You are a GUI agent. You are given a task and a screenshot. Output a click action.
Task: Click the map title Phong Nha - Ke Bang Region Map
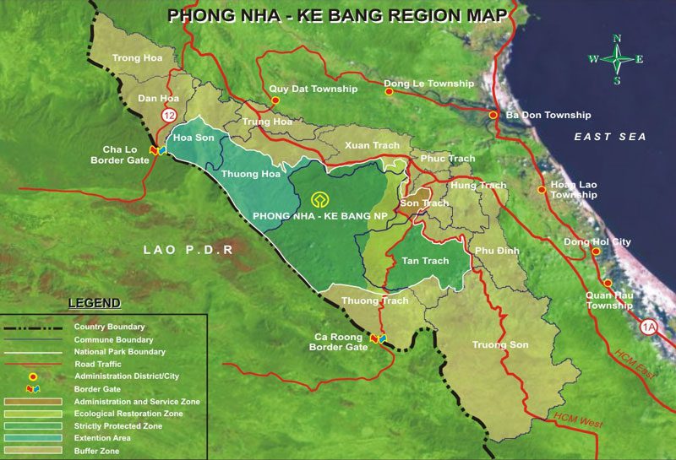(337, 15)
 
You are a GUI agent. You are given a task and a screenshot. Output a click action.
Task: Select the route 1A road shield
(649, 328)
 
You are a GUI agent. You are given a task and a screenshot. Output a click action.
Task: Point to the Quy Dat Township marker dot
(275, 100)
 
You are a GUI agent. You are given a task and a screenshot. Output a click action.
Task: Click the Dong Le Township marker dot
(389, 92)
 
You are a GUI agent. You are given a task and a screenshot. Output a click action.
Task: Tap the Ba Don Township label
(548, 115)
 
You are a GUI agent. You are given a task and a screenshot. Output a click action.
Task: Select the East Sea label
(609, 137)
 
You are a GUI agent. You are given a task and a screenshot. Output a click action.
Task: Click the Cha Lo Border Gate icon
(156, 150)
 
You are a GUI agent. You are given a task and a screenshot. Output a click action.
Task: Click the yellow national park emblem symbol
(320, 200)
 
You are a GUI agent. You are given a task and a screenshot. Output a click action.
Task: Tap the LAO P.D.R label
(188, 251)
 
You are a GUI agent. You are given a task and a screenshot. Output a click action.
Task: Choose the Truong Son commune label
(500, 344)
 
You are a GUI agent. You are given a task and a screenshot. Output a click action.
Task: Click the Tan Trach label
(425, 261)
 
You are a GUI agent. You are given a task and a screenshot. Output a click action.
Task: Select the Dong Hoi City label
(597, 242)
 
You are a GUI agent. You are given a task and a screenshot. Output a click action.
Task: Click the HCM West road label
(578, 418)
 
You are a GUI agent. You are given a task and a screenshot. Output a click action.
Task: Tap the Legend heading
(94, 303)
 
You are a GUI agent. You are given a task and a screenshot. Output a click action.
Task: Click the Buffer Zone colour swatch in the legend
(33, 452)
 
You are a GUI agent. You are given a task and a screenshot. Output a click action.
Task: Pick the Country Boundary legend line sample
(33, 327)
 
